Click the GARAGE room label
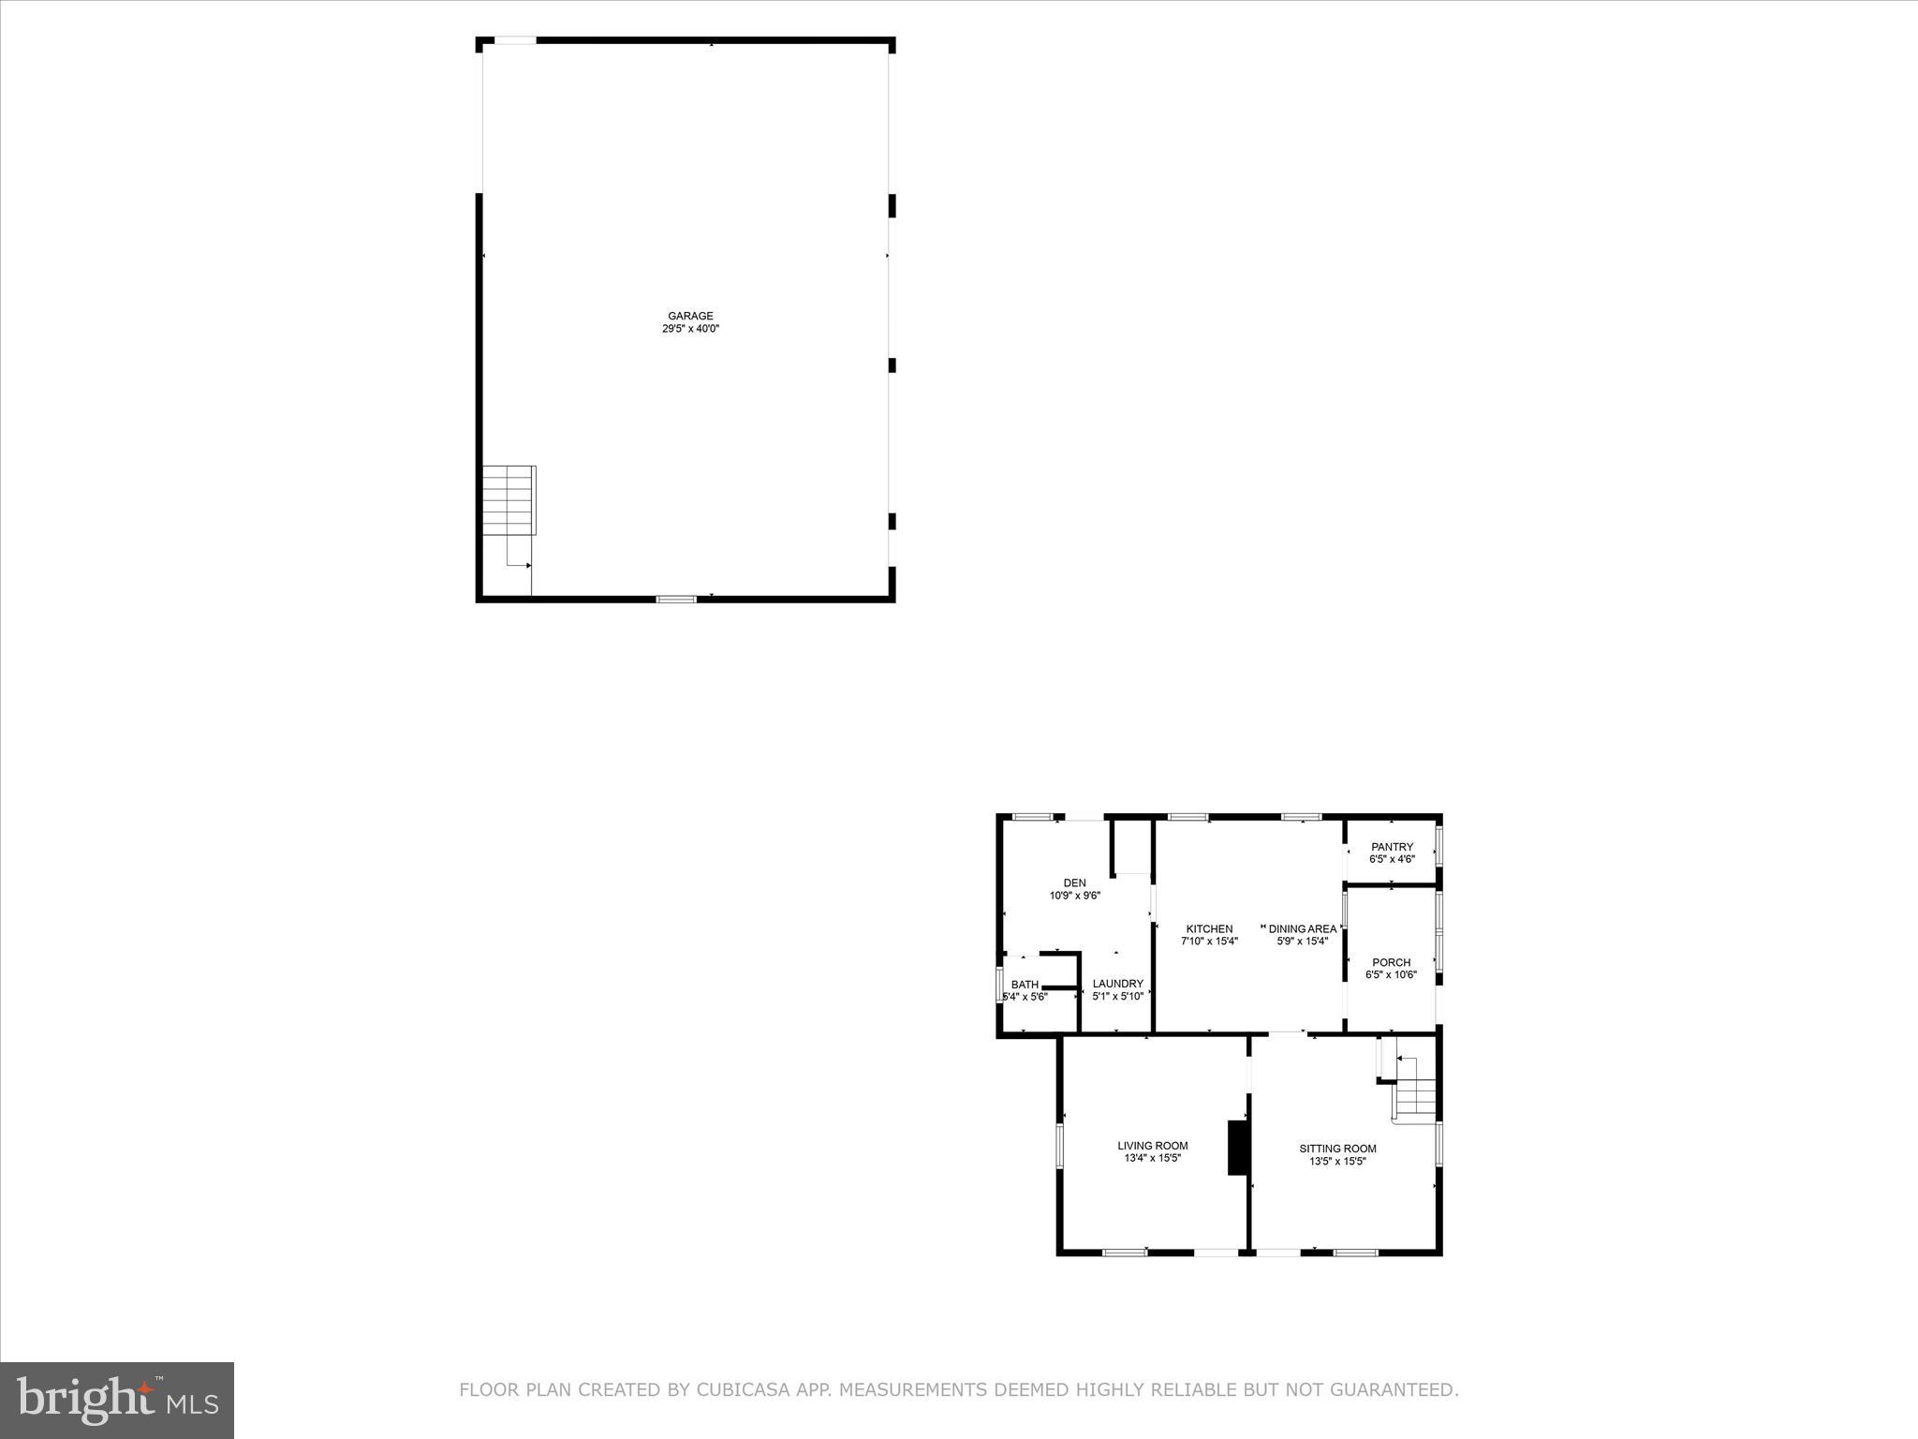pyautogui.click(x=690, y=316)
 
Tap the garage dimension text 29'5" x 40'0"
pyautogui.click(x=690, y=329)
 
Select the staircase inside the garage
pyautogui.click(x=509, y=500)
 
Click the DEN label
pyautogui.click(x=1074, y=883)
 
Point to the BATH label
pyautogui.click(x=1025, y=985)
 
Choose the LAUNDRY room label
pyautogui.click(x=1117, y=984)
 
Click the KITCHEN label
pyautogui.click(x=1209, y=929)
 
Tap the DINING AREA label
pyautogui.click(x=1302, y=929)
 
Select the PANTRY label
pyautogui.click(x=1392, y=847)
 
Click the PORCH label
pyautogui.click(x=1391, y=962)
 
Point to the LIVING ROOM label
pyautogui.click(x=1152, y=1146)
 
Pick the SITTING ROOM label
pyautogui.click(x=1337, y=1149)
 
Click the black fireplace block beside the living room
pyautogui.click(x=1238, y=1147)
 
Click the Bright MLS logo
pyautogui.click(x=117, y=1400)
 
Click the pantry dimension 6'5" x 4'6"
pyautogui.click(x=1392, y=859)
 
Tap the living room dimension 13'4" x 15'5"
pyautogui.click(x=1152, y=1158)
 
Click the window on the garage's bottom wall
pyautogui.click(x=675, y=599)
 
